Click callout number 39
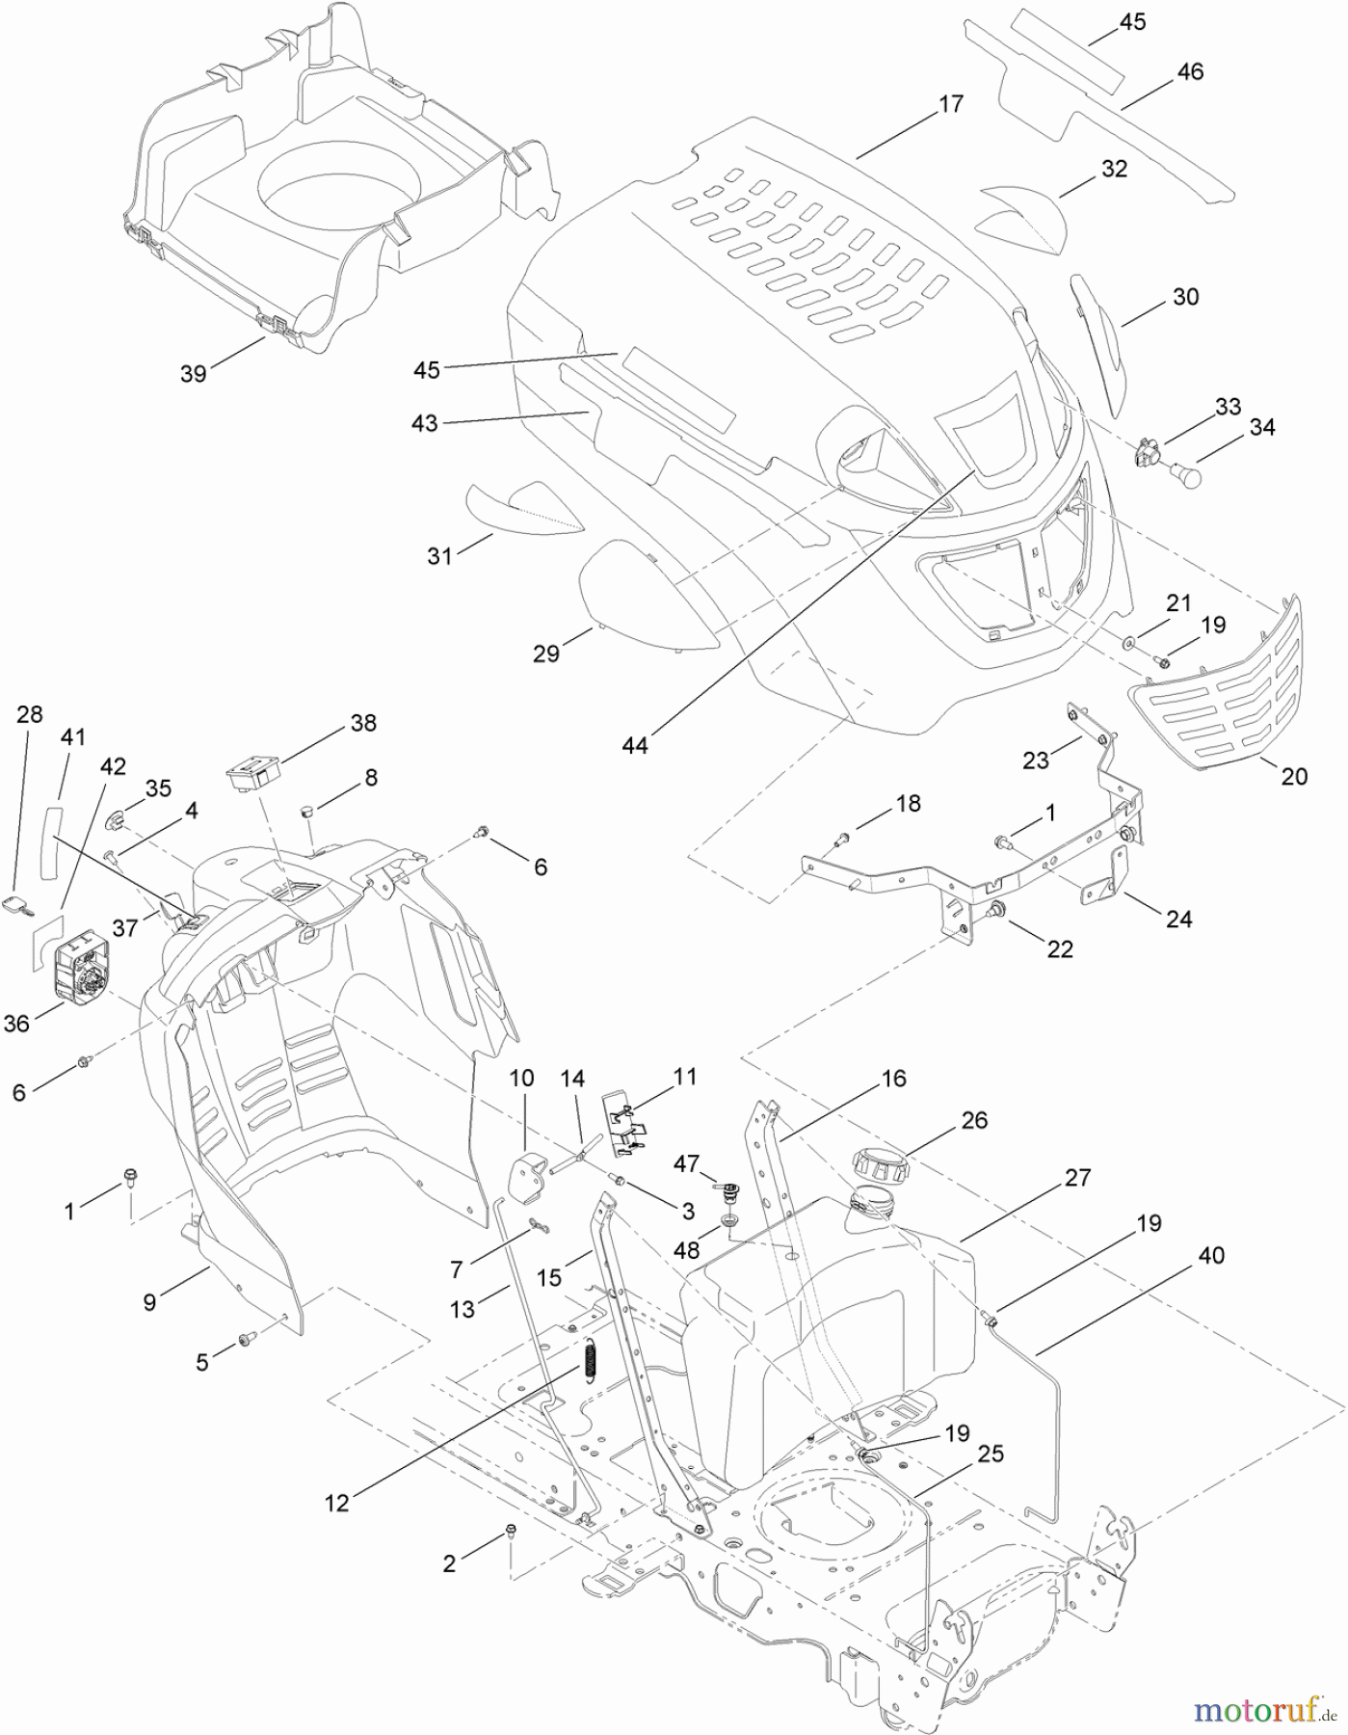[x=194, y=374]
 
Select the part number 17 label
[x=950, y=105]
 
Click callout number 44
[x=635, y=745]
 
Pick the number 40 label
[x=1212, y=1256]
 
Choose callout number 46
[x=1190, y=72]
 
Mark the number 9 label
[x=149, y=1302]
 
